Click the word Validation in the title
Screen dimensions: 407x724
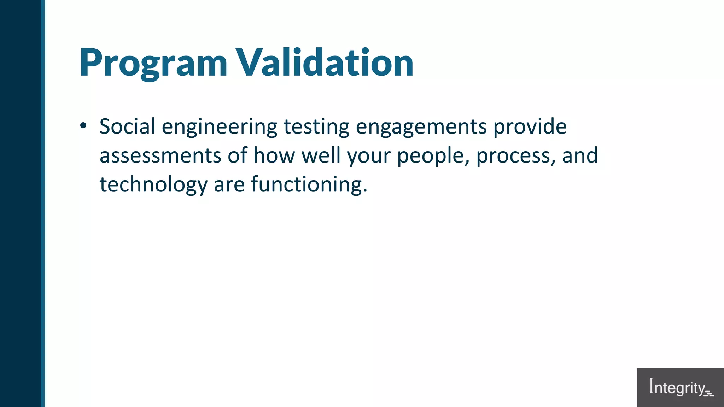click(325, 63)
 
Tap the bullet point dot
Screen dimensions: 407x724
click(83, 125)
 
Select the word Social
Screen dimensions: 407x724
click(127, 126)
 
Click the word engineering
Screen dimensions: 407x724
click(219, 127)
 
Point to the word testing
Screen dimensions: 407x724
click(316, 127)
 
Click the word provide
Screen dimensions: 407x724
click(530, 127)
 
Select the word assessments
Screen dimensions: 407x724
click(160, 156)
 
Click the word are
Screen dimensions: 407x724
click(229, 185)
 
